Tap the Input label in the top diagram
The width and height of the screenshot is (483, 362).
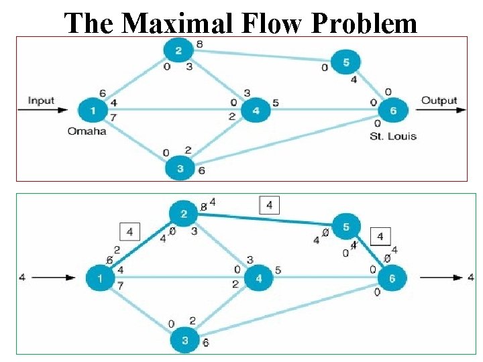click(41, 101)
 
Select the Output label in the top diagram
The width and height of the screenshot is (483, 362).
click(439, 101)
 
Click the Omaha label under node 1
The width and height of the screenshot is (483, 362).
click(87, 131)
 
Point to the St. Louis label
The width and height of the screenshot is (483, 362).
click(392, 136)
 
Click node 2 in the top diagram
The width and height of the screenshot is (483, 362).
click(178, 50)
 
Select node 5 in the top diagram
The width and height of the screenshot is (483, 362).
click(346, 62)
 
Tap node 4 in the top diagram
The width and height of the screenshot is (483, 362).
click(256, 111)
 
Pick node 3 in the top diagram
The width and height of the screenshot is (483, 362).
click(179, 168)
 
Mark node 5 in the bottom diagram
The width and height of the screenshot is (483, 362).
click(346, 227)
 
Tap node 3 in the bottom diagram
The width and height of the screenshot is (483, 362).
click(185, 340)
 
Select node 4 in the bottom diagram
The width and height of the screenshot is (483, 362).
click(258, 277)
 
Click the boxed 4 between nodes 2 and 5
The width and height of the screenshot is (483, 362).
click(269, 205)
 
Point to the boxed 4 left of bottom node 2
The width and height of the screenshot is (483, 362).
click(129, 233)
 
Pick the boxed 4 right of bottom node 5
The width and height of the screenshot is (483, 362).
click(380, 236)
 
